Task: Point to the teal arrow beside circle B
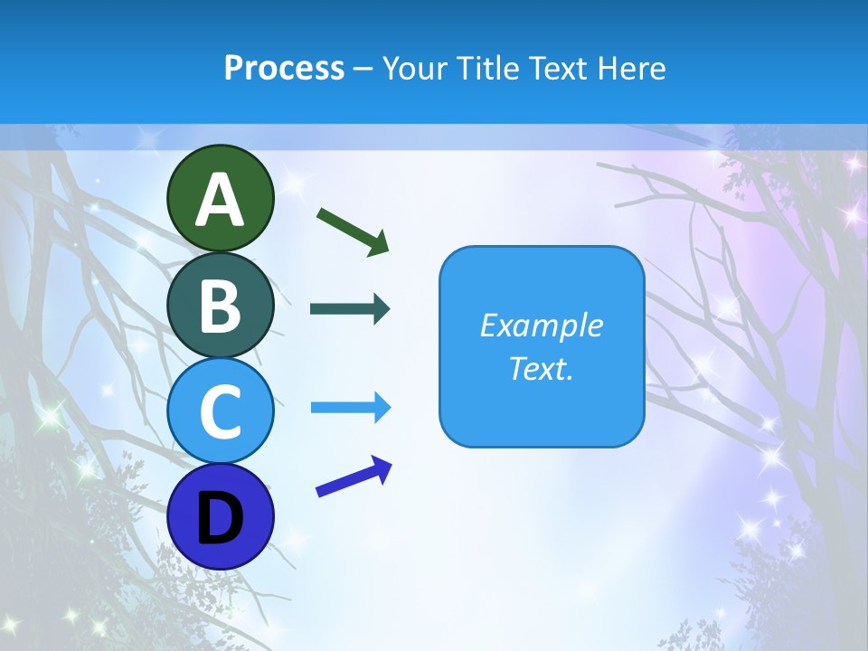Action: pos(350,309)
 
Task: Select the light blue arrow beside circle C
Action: pos(350,408)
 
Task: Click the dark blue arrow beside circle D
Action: pos(354,477)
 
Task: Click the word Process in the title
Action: pos(284,68)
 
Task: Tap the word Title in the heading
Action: pos(483,68)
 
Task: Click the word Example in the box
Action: pos(541,325)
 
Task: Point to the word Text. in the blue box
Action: pos(541,369)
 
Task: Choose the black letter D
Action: pos(221,519)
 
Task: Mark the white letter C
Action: pos(221,411)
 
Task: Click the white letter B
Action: pos(221,306)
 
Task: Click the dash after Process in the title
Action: pos(363,69)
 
